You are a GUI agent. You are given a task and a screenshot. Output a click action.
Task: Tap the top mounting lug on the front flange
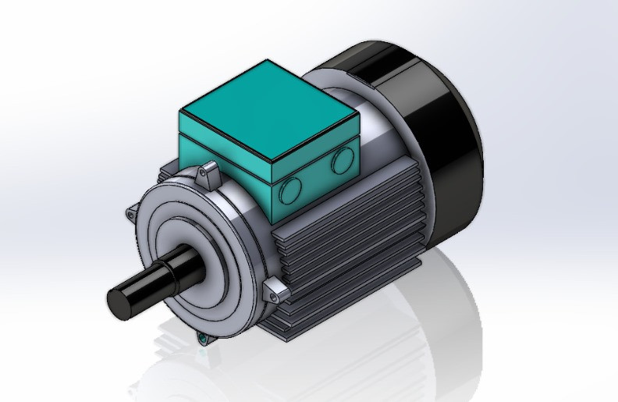(x=208, y=174)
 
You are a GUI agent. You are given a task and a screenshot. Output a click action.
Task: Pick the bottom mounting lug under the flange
(x=204, y=338)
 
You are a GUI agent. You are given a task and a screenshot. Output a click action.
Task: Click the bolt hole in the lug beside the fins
(x=275, y=294)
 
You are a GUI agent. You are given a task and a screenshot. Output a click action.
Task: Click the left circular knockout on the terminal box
(x=290, y=187)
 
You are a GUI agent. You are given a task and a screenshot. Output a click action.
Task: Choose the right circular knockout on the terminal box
(x=341, y=162)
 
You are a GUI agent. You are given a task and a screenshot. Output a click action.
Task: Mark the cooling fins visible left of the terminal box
(x=169, y=168)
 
